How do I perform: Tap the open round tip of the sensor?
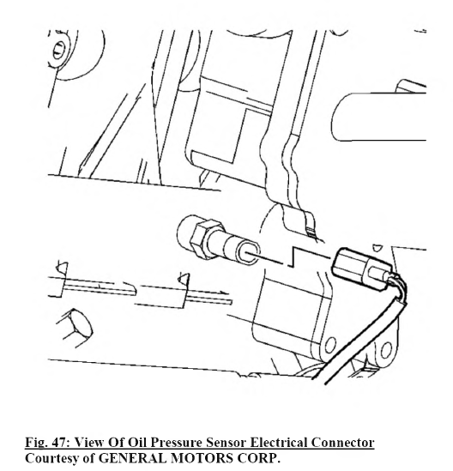tap(249, 254)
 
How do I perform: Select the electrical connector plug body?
tap(360, 268)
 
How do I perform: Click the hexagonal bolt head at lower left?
tap(75, 328)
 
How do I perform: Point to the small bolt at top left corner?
tap(59, 51)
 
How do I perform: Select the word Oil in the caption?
tap(137, 442)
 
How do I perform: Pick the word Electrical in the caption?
tap(279, 442)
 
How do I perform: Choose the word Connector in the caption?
tap(342, 442)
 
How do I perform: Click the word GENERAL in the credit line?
tap(133, 458)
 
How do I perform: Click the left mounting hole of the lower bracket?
tap(330, 346)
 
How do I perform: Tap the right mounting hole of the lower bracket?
tap(386, 350)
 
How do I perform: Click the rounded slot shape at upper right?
tap(378, 117)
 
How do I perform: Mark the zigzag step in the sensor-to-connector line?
tap(293, 257)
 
